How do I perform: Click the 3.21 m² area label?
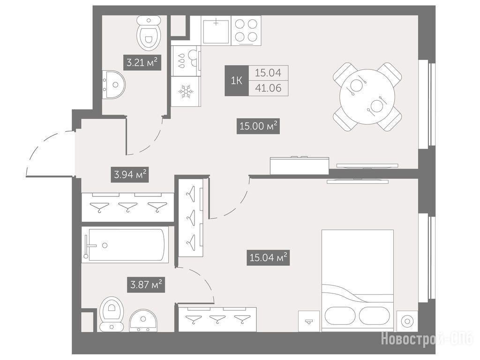[x=142, y=63]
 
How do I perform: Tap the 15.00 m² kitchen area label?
[x=258, y=126]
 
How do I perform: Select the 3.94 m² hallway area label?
[x=130, y=174]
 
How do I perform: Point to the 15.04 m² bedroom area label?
[x=268, y=257]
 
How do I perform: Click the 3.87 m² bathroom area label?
[x=146, y=285]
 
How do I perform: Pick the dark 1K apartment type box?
[x=237, y=81]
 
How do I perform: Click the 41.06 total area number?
[x=268, y=88]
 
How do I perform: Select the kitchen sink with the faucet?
[x=216, y=30]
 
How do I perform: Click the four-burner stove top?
[x=246, y=30]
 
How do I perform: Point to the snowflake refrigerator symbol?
[x=186, y=91]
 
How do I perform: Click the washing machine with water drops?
[x=186, y=60]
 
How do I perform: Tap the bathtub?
[x=125, y=245]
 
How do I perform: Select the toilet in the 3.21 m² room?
[x=149, y=34]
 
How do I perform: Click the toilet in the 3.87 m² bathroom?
[x=112, y=314]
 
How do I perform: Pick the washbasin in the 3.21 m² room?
[x=113, y=85]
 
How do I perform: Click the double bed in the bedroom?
[x=357, y=281]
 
